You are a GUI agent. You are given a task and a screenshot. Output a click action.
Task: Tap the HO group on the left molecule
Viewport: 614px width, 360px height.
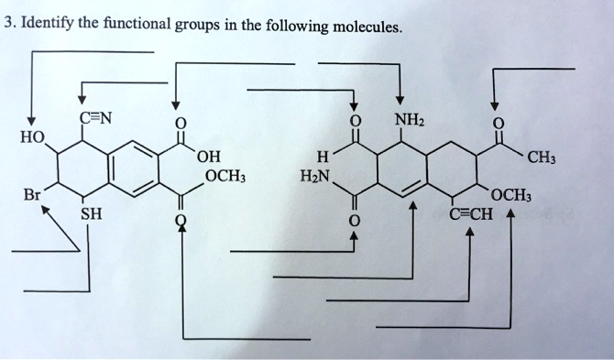(x=32, y=136)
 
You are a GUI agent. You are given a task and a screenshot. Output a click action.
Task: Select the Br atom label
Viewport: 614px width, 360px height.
(x=33, y=195)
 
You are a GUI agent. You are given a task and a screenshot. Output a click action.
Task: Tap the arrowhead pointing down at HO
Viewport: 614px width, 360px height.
(x=30, y=123)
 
